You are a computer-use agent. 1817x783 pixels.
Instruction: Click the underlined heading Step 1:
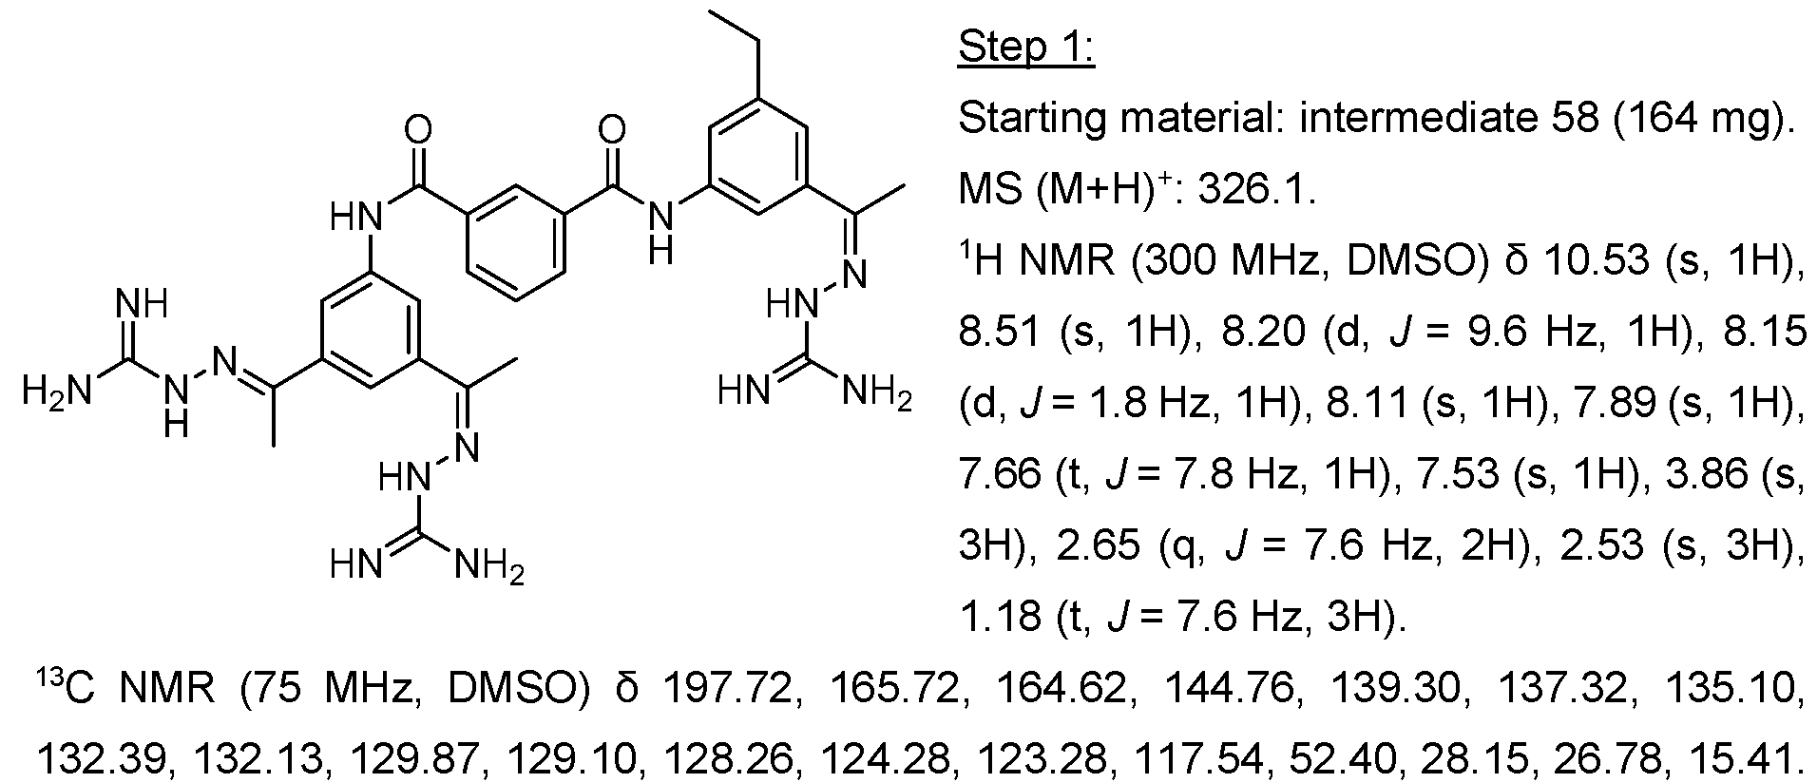1026,47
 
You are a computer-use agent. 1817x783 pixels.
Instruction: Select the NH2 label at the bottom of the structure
488,567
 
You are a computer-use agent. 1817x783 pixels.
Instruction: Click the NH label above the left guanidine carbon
141,306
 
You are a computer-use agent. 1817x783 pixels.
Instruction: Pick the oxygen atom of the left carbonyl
418,129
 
